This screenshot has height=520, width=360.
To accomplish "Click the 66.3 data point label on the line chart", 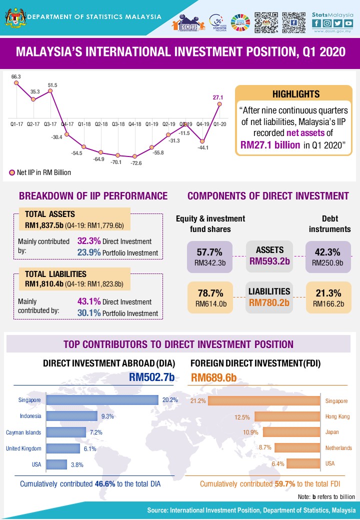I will click(16, 76).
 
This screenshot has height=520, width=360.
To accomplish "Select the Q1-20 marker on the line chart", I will click(219, 104).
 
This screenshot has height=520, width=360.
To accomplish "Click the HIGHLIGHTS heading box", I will click(296, 93).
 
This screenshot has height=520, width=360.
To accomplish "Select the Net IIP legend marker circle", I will click(12, 172).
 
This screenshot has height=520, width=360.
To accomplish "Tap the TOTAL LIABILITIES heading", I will click(55, 274).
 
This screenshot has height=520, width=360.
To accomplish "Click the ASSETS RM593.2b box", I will click(270, 255).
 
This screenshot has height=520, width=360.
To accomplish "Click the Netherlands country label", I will click(338, 448).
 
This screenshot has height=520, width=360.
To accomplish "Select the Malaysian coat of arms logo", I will click(13, 16).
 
